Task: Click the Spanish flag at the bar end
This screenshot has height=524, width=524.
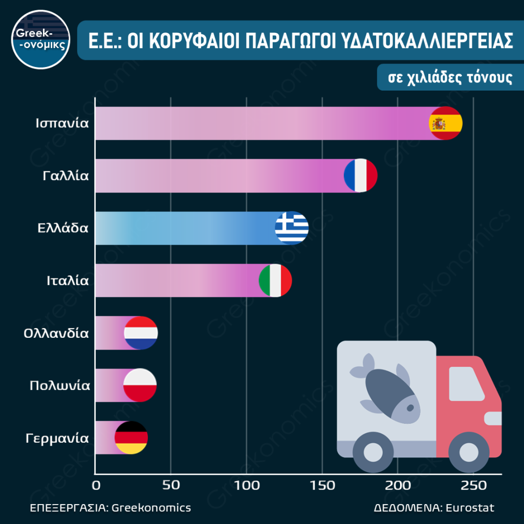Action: click(445, 123)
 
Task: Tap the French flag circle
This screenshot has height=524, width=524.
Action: click(361, 176)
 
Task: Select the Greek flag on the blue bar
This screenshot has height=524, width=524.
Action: click(292, 228)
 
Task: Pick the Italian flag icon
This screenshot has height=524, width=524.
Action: click(275, 280)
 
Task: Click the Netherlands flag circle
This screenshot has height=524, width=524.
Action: click(141, 333)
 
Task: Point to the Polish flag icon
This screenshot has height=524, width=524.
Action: click(140, 385)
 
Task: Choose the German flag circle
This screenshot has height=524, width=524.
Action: click(131, 438)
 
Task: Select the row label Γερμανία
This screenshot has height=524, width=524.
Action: click(57, 438)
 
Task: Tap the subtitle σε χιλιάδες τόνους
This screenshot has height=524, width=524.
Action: click(445, 78)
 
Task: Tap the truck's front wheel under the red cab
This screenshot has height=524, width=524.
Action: click(468, 451)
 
